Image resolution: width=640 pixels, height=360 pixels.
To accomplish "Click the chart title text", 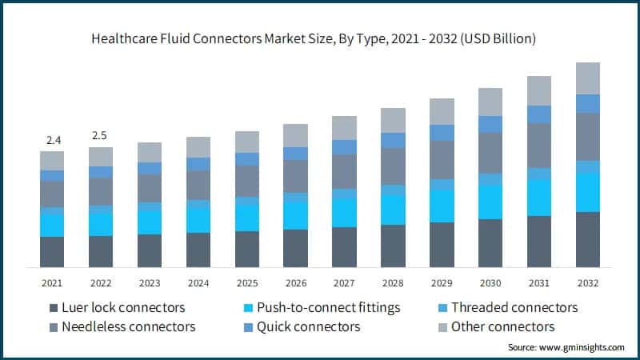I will pyautogui.click(x=320, y=38).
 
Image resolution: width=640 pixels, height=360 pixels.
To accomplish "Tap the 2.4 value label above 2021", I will pyautogui.click(x=54, y=141).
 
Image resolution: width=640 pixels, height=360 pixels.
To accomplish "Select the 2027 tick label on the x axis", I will pyautogui.click(x=345, y=283).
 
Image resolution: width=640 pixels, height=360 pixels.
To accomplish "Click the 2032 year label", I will pyautogui.click(x=588, y=283).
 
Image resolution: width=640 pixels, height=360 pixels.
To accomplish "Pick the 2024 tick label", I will pyautogui.click(x=198, y=283).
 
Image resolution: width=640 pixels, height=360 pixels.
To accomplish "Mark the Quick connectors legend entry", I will pyautogui.click(x=308, y=326).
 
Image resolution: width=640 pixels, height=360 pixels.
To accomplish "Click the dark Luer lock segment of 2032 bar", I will pyautogui.click(x=588, y=239).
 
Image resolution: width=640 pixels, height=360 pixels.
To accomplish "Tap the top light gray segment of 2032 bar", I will pyautogui.click(x=588, y=78).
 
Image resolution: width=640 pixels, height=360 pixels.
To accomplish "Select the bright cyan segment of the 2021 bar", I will pyautogui.click(x=52, y=226).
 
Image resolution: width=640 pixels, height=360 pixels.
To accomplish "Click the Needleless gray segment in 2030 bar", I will pyautogui.click(x=490, y=152).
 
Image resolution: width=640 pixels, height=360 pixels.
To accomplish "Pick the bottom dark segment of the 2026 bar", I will pyautogui.click(x=296, y=248).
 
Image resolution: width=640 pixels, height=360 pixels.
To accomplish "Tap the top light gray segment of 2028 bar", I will pyautogui.click(x=393, y=120).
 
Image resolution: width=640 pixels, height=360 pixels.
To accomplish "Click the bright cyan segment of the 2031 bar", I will pyautogui.click(x=539, y=198).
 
